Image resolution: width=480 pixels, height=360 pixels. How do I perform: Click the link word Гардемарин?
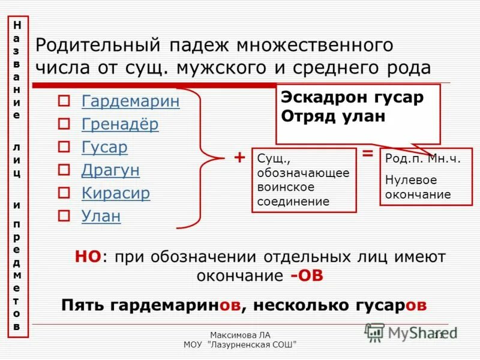click(130, 101)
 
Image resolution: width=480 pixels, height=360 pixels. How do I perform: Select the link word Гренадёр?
click(120, 124)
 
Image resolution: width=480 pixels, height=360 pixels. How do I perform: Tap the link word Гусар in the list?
click(104, 147)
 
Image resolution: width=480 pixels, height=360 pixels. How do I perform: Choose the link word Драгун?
click(110, 170)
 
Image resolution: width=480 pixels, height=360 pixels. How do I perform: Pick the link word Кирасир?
click(115, 193)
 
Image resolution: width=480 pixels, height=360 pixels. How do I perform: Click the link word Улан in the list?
click(101, 216)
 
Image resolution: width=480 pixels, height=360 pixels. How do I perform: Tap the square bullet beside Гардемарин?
click(64, 101)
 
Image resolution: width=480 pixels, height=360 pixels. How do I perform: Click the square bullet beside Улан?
click(64, 216)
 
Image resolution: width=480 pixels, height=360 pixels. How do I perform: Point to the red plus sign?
click(239, 158)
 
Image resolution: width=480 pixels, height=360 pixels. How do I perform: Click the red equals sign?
click(368, 154)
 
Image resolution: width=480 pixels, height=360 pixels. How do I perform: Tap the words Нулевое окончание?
click(418, 187)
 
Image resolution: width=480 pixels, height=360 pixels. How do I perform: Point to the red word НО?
click(88, 257)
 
